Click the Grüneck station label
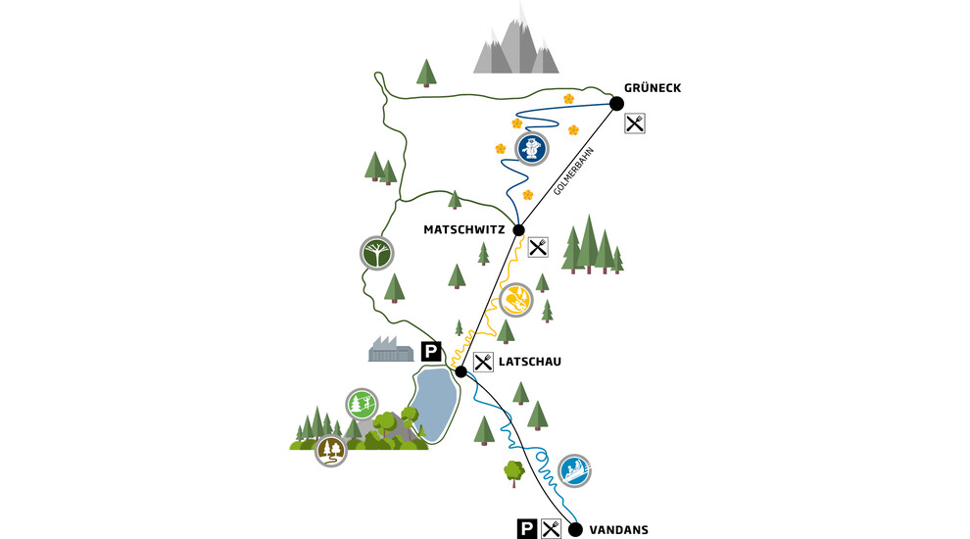click(652, 88)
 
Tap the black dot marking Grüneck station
click(616, 103)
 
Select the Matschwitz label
click(464, 229)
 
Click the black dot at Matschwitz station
click(518, 230)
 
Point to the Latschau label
click(529, 362)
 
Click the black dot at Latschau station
click(461, 372)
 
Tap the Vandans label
click(618, 530)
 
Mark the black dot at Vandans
click(575, 530)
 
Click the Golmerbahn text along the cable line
click(573, 171)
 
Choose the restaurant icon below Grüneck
click(635, 123)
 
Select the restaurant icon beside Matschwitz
click(538, 248)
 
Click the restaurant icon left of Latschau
click(483, 362)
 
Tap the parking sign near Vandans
click(526, 529)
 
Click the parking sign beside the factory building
click(431, 352)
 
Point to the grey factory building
click(391, 350)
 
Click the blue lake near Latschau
click(434, 405)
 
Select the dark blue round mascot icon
click(531, 149)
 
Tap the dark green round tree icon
click(377, 253)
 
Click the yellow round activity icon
click(516, 300)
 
